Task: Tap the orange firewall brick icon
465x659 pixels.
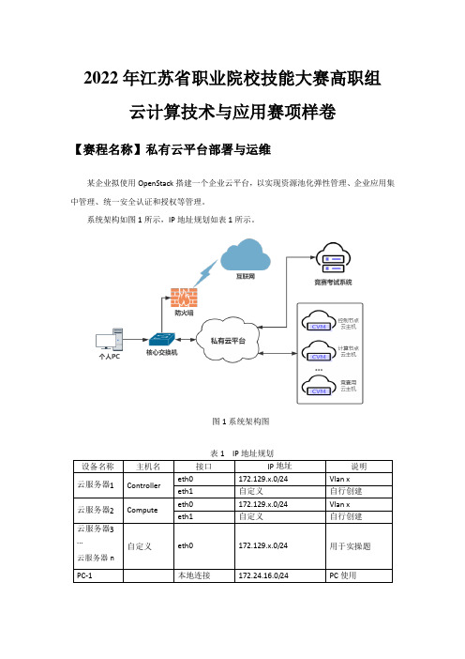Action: click(x=184, y=298)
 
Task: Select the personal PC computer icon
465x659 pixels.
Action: click(x=110, y=340)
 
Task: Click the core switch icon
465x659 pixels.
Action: click(x=161, y=340)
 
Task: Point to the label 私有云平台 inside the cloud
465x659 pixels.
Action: click(x=228, y=341)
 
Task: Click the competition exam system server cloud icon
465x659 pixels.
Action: click(x=333, y=258)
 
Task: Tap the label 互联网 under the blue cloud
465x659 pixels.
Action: click(x=246, y=276)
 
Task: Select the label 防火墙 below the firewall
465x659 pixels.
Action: click(x=184, y=313)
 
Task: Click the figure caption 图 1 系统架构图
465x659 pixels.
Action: click(x=241, y=421)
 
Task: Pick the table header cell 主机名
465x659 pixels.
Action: click(x=148, y=467)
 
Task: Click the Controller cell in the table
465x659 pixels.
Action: click(x=143, y=485)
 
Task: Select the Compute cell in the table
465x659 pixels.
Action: click(x=142, y=511)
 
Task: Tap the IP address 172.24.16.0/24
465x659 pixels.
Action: click(x=263, y=575)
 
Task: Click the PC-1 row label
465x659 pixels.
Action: click(x=84, y=575)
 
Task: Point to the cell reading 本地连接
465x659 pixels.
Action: click(x=194, y=575)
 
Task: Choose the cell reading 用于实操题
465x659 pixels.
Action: click(x=350, y=546)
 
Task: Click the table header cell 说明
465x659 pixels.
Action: click(x=359, y=467)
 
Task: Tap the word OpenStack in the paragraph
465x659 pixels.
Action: click(x=156, y=183)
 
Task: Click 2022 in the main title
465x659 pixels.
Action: click(x=100, y=79)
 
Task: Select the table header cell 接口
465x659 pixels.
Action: click(x=204, y=467)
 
